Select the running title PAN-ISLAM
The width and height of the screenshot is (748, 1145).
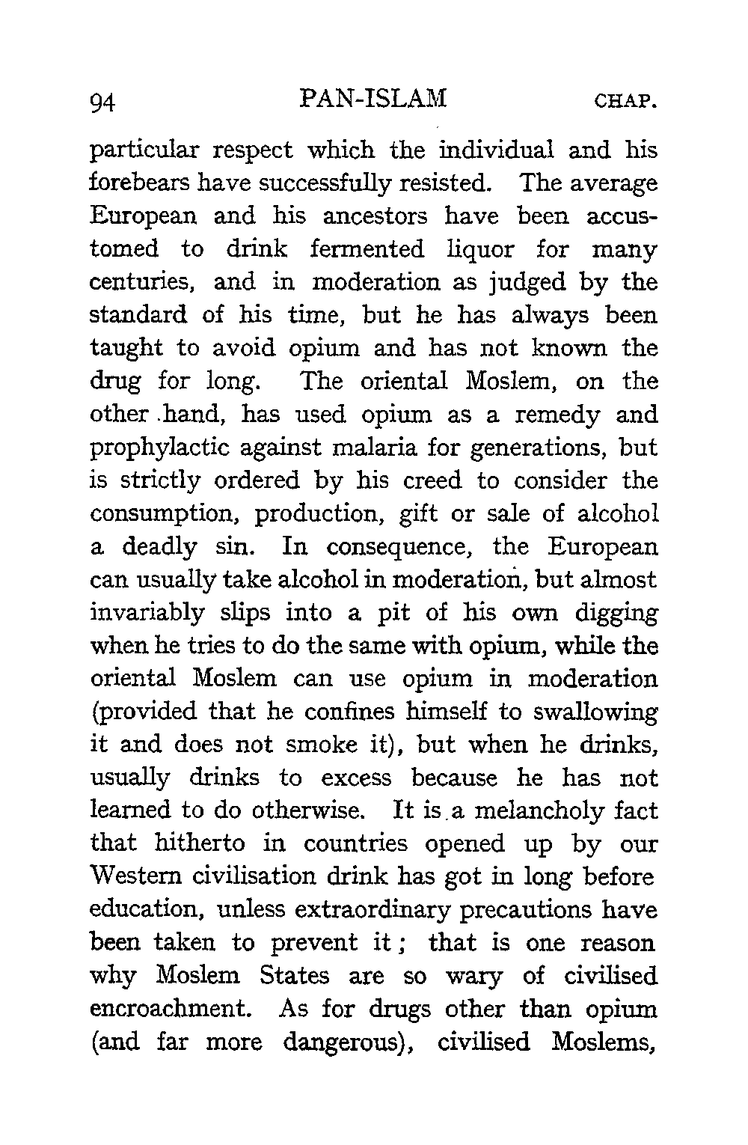(372, 98)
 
